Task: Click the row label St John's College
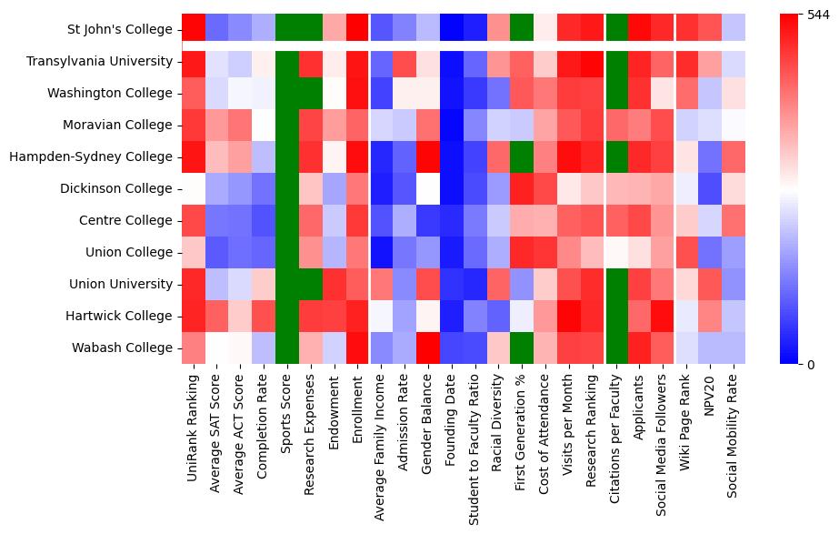(120, 29)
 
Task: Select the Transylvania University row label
(99, 61)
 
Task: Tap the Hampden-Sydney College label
(90, 156)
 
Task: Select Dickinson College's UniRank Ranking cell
(193, 188)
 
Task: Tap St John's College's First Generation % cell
(522, 29)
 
